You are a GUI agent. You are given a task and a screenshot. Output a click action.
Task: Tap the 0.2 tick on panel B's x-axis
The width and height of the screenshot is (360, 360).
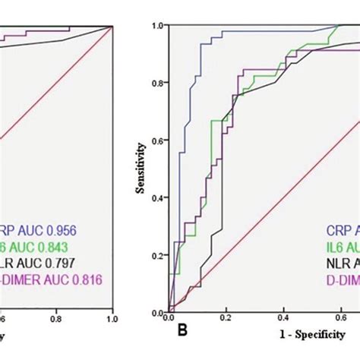coord(225,324)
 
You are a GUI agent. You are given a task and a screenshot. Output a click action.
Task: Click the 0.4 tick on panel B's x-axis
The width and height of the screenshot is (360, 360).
coord(283,324)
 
